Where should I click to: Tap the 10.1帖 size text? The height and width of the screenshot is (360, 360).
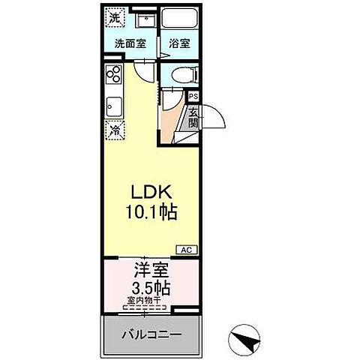(150, 214)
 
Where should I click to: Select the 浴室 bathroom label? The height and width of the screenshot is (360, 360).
(178, 43)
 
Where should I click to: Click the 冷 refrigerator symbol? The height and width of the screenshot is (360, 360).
(114, 130)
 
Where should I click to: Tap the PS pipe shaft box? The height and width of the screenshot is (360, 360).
(193, 97)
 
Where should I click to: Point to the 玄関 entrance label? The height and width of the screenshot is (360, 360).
(193, 118)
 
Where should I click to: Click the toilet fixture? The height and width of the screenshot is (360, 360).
(181, 74)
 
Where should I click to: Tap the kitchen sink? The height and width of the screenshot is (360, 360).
(114, 105)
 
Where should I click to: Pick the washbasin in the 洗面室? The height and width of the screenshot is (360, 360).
(145, 18)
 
